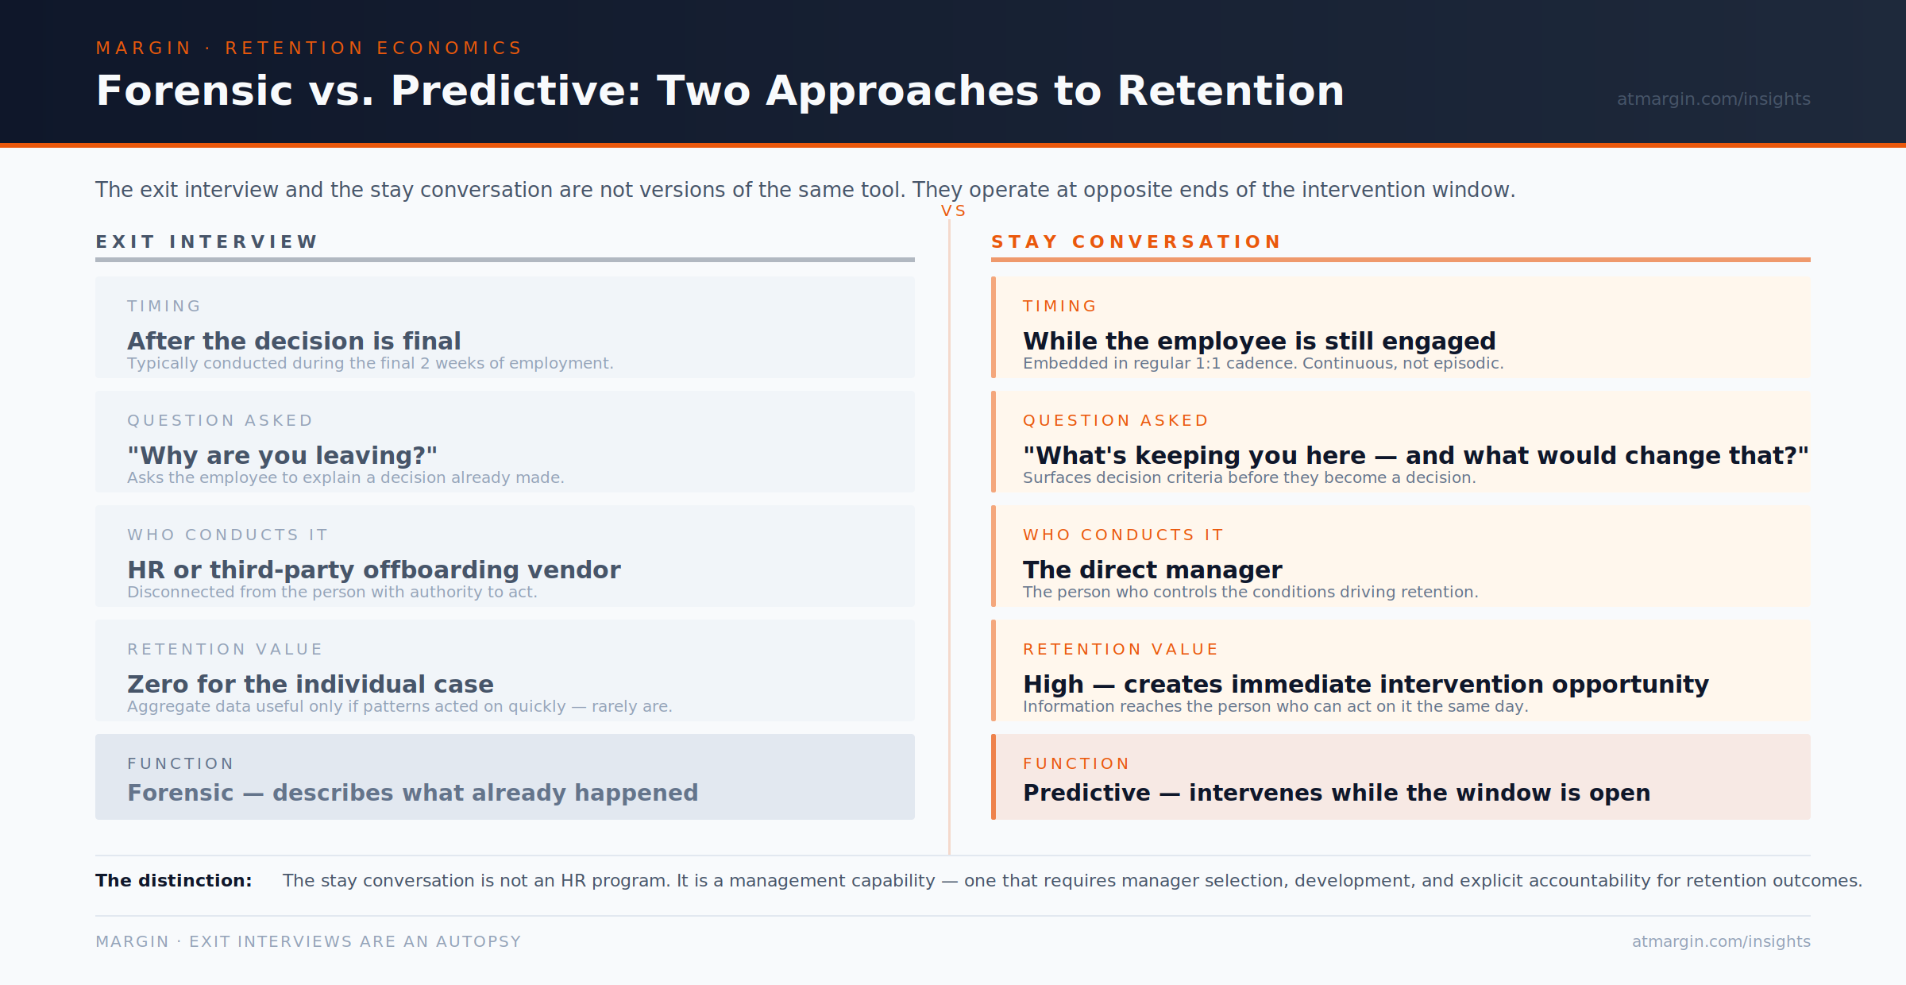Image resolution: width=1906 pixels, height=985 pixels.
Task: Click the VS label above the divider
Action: [x=953, y=211]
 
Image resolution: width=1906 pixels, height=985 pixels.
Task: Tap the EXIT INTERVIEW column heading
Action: [x=206, y=241]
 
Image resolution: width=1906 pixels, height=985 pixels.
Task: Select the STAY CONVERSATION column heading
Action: [x=1136, y=241]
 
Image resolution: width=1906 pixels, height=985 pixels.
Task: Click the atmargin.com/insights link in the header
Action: [x=1713, y=99]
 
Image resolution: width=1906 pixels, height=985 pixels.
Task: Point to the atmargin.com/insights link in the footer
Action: [x=1721, y=941]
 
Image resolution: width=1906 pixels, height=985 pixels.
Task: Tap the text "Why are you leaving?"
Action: [x=282, y=455]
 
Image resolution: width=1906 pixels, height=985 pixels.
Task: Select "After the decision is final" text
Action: [x=294, y=341]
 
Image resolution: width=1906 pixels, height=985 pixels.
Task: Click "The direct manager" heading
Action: [x=1152, y=570]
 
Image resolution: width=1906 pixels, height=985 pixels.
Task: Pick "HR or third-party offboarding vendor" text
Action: [x=373, y=570]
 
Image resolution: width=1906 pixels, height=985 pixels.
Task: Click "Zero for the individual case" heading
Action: [x=310, y=684]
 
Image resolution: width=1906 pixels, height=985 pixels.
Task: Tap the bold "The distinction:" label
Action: [x=173, y=880]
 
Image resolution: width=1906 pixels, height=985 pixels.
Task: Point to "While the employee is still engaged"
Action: [x=1259, y=341]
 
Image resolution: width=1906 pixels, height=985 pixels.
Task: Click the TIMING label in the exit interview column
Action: [x=164, y=307]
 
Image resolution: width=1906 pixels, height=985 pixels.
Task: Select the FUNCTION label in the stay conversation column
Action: [x=1076, y=764]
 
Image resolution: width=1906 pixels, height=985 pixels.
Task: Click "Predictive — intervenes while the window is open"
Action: [x=1336, y=793]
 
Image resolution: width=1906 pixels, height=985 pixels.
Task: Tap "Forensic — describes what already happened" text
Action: [x=412, y=793]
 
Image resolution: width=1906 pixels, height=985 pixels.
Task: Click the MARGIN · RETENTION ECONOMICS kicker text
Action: [x=308, y=48]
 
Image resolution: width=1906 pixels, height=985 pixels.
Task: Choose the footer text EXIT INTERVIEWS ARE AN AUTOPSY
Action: [x=355, y=941]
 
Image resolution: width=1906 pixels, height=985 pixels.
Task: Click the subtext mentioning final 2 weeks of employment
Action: [x=370, y=363]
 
